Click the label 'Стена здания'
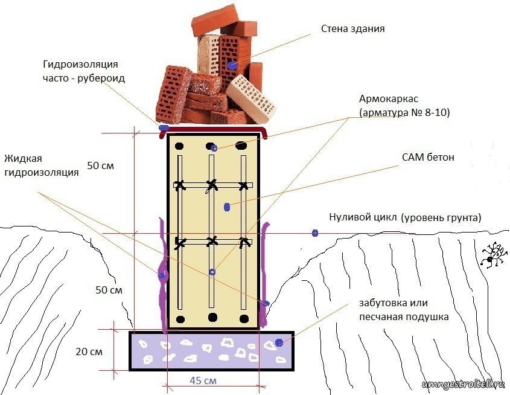pos(353,28)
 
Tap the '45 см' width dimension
pos(203,381)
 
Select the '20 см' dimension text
pos(89,352)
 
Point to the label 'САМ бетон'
pos(428,158)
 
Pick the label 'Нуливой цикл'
pos(363,217)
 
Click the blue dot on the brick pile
pos(232,66)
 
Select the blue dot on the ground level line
pos(315,233)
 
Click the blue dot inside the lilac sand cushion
pos(279,342)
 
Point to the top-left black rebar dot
pos(179,146)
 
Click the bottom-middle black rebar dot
pos(212,316)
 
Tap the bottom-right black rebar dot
pos(244,318)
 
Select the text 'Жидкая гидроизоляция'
pos(42,165)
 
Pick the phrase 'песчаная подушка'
pos(404,316)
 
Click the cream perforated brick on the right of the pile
pos(251,98)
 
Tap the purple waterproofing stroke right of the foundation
pos(264,274)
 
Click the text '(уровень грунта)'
pos(441,217)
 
